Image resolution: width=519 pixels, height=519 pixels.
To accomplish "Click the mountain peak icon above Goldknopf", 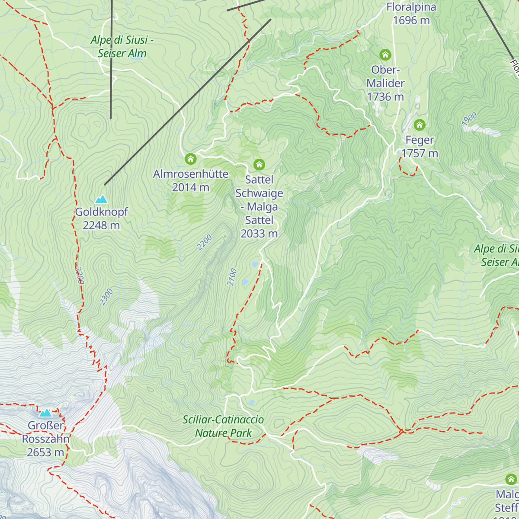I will pos(101,199).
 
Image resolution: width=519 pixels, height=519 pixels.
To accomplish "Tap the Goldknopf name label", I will pos(102,212).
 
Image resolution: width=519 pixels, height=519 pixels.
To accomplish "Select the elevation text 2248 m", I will pos(101,225).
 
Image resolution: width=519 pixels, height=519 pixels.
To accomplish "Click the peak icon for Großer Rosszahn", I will pos(45,413).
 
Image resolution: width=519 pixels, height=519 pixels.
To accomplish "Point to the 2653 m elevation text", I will pos(45,452).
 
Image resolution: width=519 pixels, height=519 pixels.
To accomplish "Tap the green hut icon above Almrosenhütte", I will pos(191,159).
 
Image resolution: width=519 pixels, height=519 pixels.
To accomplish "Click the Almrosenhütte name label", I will pos(191,174).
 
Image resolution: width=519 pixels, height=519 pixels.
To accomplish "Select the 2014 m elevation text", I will pos(191,187).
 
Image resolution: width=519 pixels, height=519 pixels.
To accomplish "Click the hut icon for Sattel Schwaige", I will pos(259,164).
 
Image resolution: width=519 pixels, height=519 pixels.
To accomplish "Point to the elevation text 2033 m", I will pos(259,234).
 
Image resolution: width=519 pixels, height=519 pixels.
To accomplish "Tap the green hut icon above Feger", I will pos(419,125).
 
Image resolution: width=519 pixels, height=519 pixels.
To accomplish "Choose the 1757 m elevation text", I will pos(420,154).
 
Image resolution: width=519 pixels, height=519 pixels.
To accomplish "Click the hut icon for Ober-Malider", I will pos(385,55).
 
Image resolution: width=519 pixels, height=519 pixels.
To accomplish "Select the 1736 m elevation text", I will pos(385,97).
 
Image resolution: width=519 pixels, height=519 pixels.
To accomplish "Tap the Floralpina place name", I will pos(411,7).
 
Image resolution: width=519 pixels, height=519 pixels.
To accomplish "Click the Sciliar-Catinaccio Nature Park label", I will pos(223,426).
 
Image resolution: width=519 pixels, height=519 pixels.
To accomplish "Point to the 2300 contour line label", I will pos(106,297).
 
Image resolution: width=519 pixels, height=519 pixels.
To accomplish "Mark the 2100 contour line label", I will pos(232,277).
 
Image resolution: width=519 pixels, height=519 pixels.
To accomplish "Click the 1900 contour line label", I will pos(469,119).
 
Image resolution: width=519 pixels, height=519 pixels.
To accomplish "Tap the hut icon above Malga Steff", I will pos(511,479).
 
